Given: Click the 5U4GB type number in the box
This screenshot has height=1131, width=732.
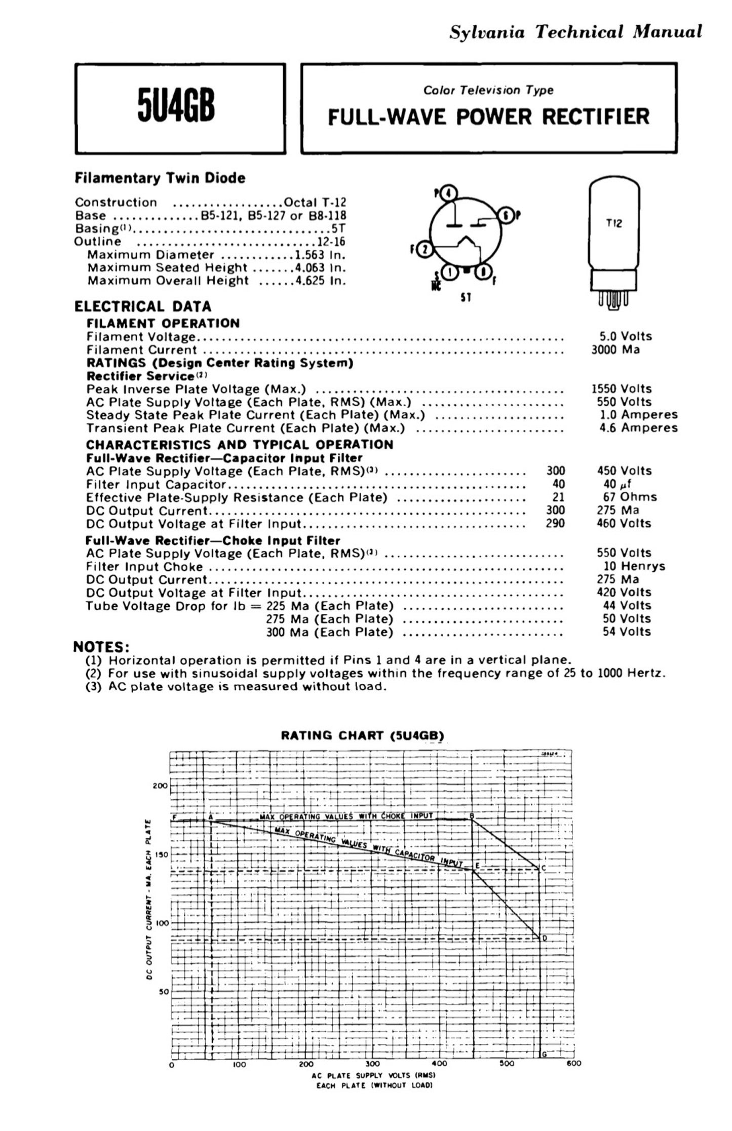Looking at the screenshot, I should click(x=176, y=107).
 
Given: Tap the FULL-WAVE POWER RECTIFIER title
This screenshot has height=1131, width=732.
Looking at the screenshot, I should click(x=488, y=116).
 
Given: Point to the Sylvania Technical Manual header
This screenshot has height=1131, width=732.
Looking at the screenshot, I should click(x=575, y=32).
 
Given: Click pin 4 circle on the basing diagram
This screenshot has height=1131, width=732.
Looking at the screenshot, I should click(x=449, y=193).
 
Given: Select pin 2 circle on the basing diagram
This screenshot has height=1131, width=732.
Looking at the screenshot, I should click(x=425, y=249).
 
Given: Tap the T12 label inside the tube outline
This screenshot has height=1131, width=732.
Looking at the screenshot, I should click(x=614, y=223).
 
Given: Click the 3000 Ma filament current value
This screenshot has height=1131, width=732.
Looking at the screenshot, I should click(x=615, y=349).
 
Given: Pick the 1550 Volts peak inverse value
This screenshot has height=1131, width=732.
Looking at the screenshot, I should click(x=621, y=388).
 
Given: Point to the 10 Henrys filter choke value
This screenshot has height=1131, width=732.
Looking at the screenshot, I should click(x=634, y=566).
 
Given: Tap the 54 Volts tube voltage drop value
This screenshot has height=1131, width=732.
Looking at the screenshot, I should click(x=627, y=632).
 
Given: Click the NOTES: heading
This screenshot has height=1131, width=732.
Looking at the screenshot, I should click(x=101, y=647).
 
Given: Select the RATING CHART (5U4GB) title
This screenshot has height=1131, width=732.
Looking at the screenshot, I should click(x=362, y=735).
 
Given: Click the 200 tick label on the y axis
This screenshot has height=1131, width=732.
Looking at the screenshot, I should click(x=160, y=786).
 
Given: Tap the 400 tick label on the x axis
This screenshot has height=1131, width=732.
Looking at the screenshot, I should click(x=439, y=1064).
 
